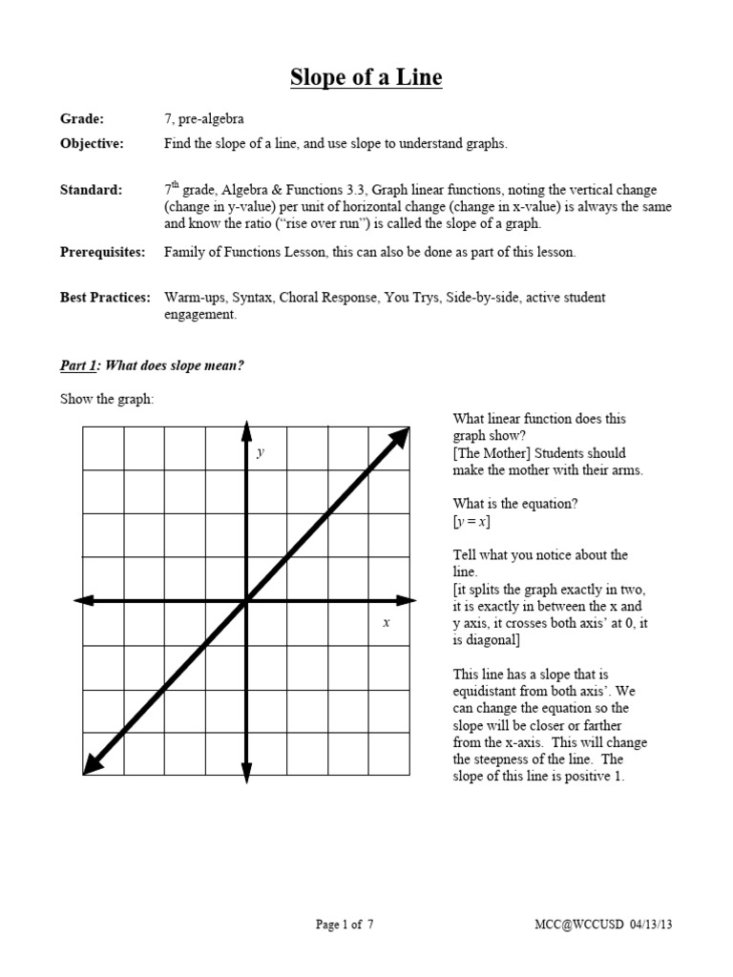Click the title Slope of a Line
(366, 77)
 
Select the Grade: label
(82, 119)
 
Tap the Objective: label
(92, 144)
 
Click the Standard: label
(91, 190)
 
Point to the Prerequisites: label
(103, 253)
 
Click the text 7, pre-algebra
(203, 119)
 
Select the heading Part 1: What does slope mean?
(152, 365)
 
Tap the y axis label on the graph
(260, 453)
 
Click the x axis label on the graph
(387, 622)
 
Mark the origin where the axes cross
(246, 600)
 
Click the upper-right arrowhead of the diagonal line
(402, 435)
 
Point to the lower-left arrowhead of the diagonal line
(93, 764)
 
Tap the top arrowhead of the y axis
(246, 427)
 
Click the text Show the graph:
(107, 399)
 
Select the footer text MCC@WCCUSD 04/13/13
(609, 925)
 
